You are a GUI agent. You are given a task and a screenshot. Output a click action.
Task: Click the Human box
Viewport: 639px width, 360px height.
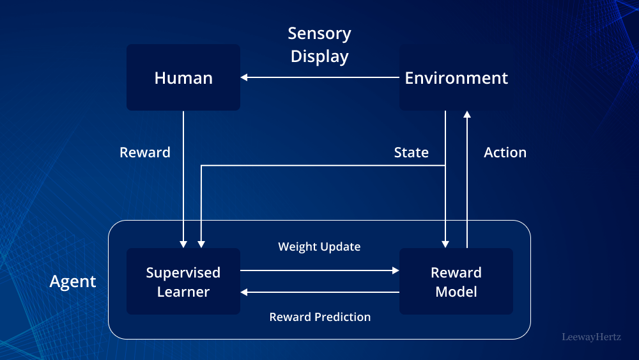pos(183,77)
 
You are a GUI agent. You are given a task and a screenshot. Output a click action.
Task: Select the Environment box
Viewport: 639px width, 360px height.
pos(456,77)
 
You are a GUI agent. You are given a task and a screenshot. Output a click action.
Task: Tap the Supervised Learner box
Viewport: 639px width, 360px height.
pos(183,281)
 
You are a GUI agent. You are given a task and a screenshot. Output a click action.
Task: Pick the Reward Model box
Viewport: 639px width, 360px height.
pos(456,281)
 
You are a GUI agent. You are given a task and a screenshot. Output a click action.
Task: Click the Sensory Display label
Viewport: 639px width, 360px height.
pos(319,45)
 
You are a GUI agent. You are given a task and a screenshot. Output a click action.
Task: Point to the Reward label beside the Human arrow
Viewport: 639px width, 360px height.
pos(145,152)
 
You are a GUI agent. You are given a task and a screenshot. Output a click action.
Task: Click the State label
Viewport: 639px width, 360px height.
pos(411,152)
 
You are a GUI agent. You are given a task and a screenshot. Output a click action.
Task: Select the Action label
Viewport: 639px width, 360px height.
pos(505,152)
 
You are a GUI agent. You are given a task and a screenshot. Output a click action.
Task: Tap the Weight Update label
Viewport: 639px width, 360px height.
pos(319,247)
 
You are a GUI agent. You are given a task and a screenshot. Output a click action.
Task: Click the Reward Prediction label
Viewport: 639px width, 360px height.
pos(319,317)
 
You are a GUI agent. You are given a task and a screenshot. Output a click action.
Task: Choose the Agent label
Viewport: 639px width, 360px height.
pos(73,281)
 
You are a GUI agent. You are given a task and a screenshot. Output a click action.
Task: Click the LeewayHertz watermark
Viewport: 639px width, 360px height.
pos(591,336)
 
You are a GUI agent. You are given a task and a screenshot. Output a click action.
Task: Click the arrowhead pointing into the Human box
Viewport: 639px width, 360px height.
pos(244,77)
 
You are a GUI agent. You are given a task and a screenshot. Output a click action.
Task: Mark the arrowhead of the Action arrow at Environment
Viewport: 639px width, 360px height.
pos(467,114)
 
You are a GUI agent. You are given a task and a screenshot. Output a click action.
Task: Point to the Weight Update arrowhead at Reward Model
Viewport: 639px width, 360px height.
pos(396,270)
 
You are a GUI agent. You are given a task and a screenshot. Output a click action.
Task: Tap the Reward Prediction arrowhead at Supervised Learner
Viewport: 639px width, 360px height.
pos(244,292)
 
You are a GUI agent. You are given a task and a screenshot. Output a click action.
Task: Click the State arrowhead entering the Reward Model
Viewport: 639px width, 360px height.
pos(445,244)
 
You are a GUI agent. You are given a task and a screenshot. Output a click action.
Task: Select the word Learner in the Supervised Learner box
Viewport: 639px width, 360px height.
pos(183,292)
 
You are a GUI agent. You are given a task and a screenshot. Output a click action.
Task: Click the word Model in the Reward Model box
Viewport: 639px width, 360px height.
pos(456,292)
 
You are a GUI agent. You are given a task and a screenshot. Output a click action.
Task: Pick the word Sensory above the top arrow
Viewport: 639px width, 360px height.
pos(319,33)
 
